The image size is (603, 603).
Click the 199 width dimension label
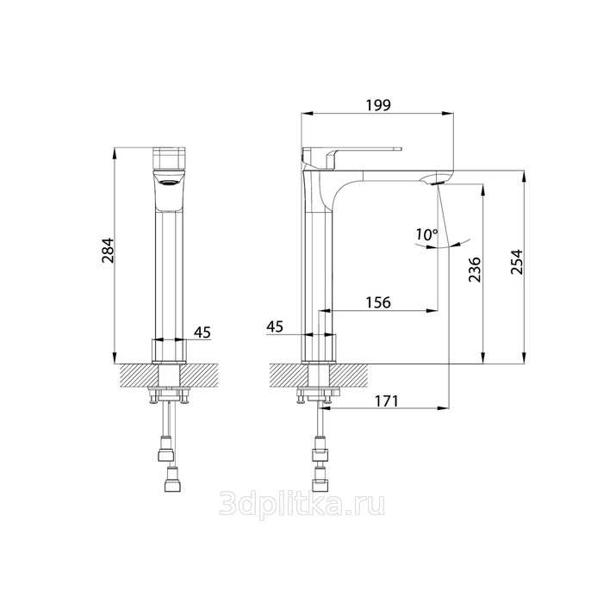pyautogui.click(x=377, y=104)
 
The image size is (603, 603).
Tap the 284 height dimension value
pyautogui.click(x=108, y=251)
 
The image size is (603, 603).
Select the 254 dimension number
pyautogui.click(x=517, y=262)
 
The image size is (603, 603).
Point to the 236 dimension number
pyautogui.click(x=475, y=269)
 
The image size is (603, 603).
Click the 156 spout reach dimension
pyautogui.click(x=377, y=302)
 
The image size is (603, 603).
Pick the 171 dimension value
pyautogui.click(x=386, y=401)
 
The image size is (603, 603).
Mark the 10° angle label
pyautogui.click(x=426, y=233)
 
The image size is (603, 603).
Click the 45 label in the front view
pyautogui.click(x=202, y=332)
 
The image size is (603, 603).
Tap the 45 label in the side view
pyautogui.click(x=275, y=326)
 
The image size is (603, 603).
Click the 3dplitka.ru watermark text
pyautogui.click(x=301, y=504)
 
